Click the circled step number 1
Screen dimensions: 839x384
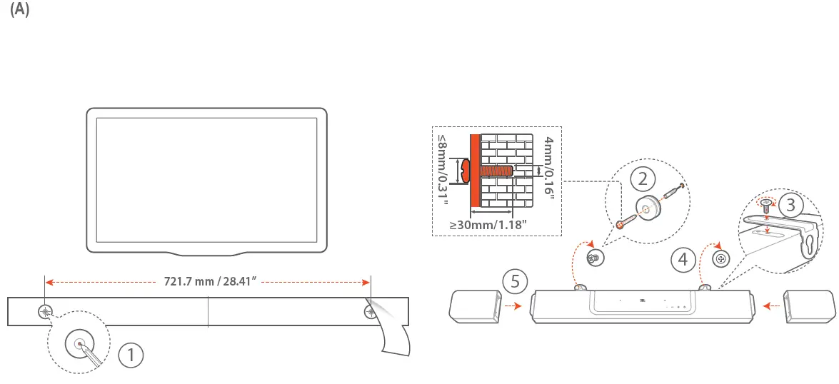point(131,355)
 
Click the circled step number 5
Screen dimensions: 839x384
point(516,281)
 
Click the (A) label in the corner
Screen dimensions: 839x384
point(19,13)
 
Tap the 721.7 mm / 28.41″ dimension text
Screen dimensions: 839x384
point(207,281)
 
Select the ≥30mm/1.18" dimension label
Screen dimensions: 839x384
point(488,224)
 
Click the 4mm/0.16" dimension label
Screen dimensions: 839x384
point(548,168)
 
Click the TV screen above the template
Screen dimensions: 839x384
point(206,178)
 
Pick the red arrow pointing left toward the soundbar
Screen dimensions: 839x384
point(770,305)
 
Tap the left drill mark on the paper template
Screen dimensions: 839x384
point(46,312)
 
